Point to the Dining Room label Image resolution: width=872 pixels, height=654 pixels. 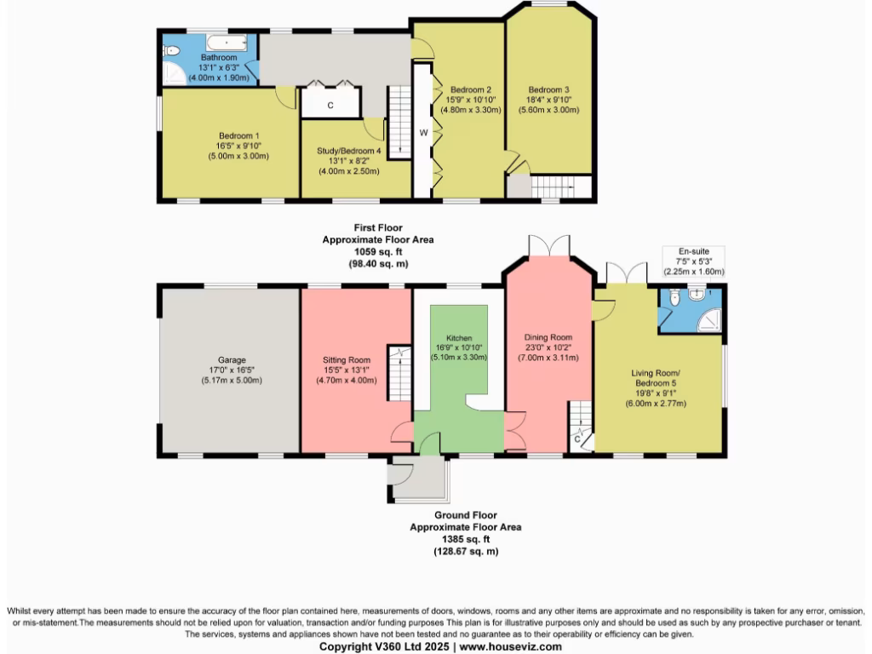click(547, 337)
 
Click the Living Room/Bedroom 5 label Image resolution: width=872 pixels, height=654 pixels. click(658, 379)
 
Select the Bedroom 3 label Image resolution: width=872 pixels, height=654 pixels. click(548, 89)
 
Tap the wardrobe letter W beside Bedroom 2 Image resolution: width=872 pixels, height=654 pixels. click(422, 133)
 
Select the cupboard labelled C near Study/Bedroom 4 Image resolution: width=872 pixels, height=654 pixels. click(330, 105)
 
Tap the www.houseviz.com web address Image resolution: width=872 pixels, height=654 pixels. click(510, 646)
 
